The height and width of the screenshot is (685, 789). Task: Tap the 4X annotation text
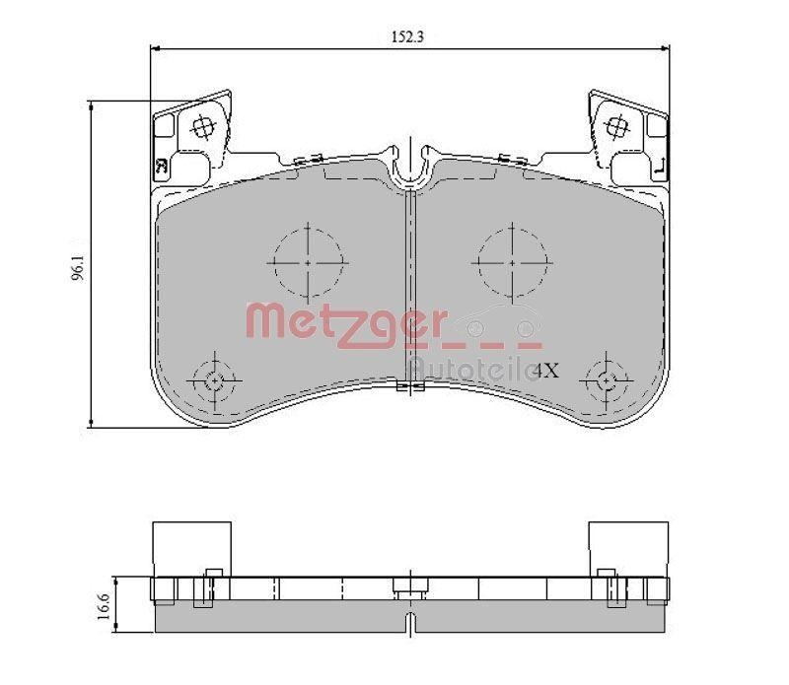click(546, 371)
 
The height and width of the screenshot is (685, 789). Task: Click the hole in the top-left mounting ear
click(203, 126)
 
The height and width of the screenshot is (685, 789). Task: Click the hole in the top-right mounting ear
click(618, 126)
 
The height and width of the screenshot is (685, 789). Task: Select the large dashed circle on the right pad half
click(512, 263)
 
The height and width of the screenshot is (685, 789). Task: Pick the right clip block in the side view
click(628, 546)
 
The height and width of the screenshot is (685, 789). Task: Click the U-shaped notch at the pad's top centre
click(409, 168)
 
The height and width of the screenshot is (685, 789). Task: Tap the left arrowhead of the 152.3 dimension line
click(152, 48)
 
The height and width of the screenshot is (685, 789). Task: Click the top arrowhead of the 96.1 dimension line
click(92, 103)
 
